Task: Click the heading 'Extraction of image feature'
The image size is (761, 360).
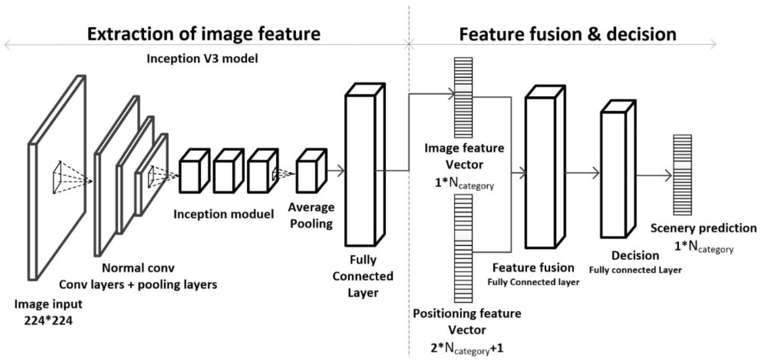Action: point(204,34)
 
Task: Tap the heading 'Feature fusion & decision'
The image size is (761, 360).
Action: point(567,34)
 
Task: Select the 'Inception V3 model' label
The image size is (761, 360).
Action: point(202,59)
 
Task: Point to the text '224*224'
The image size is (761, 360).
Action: point(48,321)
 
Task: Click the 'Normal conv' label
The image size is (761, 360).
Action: point(138,268)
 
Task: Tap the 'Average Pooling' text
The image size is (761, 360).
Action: point(311,216)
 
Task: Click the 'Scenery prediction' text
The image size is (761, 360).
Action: point(703,228)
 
